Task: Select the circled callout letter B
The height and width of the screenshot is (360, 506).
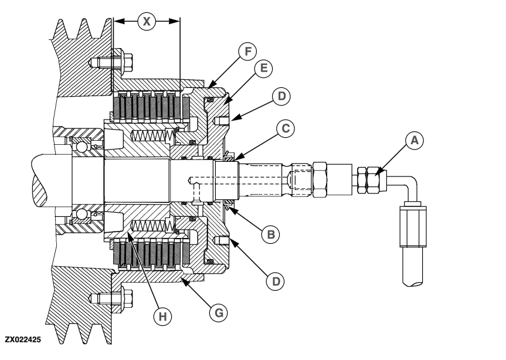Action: point(270,234)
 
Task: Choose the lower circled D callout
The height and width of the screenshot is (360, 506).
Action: point(273,281)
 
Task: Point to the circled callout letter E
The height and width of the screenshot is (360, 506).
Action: point(263,68)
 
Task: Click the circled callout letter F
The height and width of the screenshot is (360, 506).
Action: point(248,50)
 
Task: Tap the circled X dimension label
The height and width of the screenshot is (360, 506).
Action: point(147,21)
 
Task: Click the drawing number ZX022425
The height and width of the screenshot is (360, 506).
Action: point(23,339)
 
